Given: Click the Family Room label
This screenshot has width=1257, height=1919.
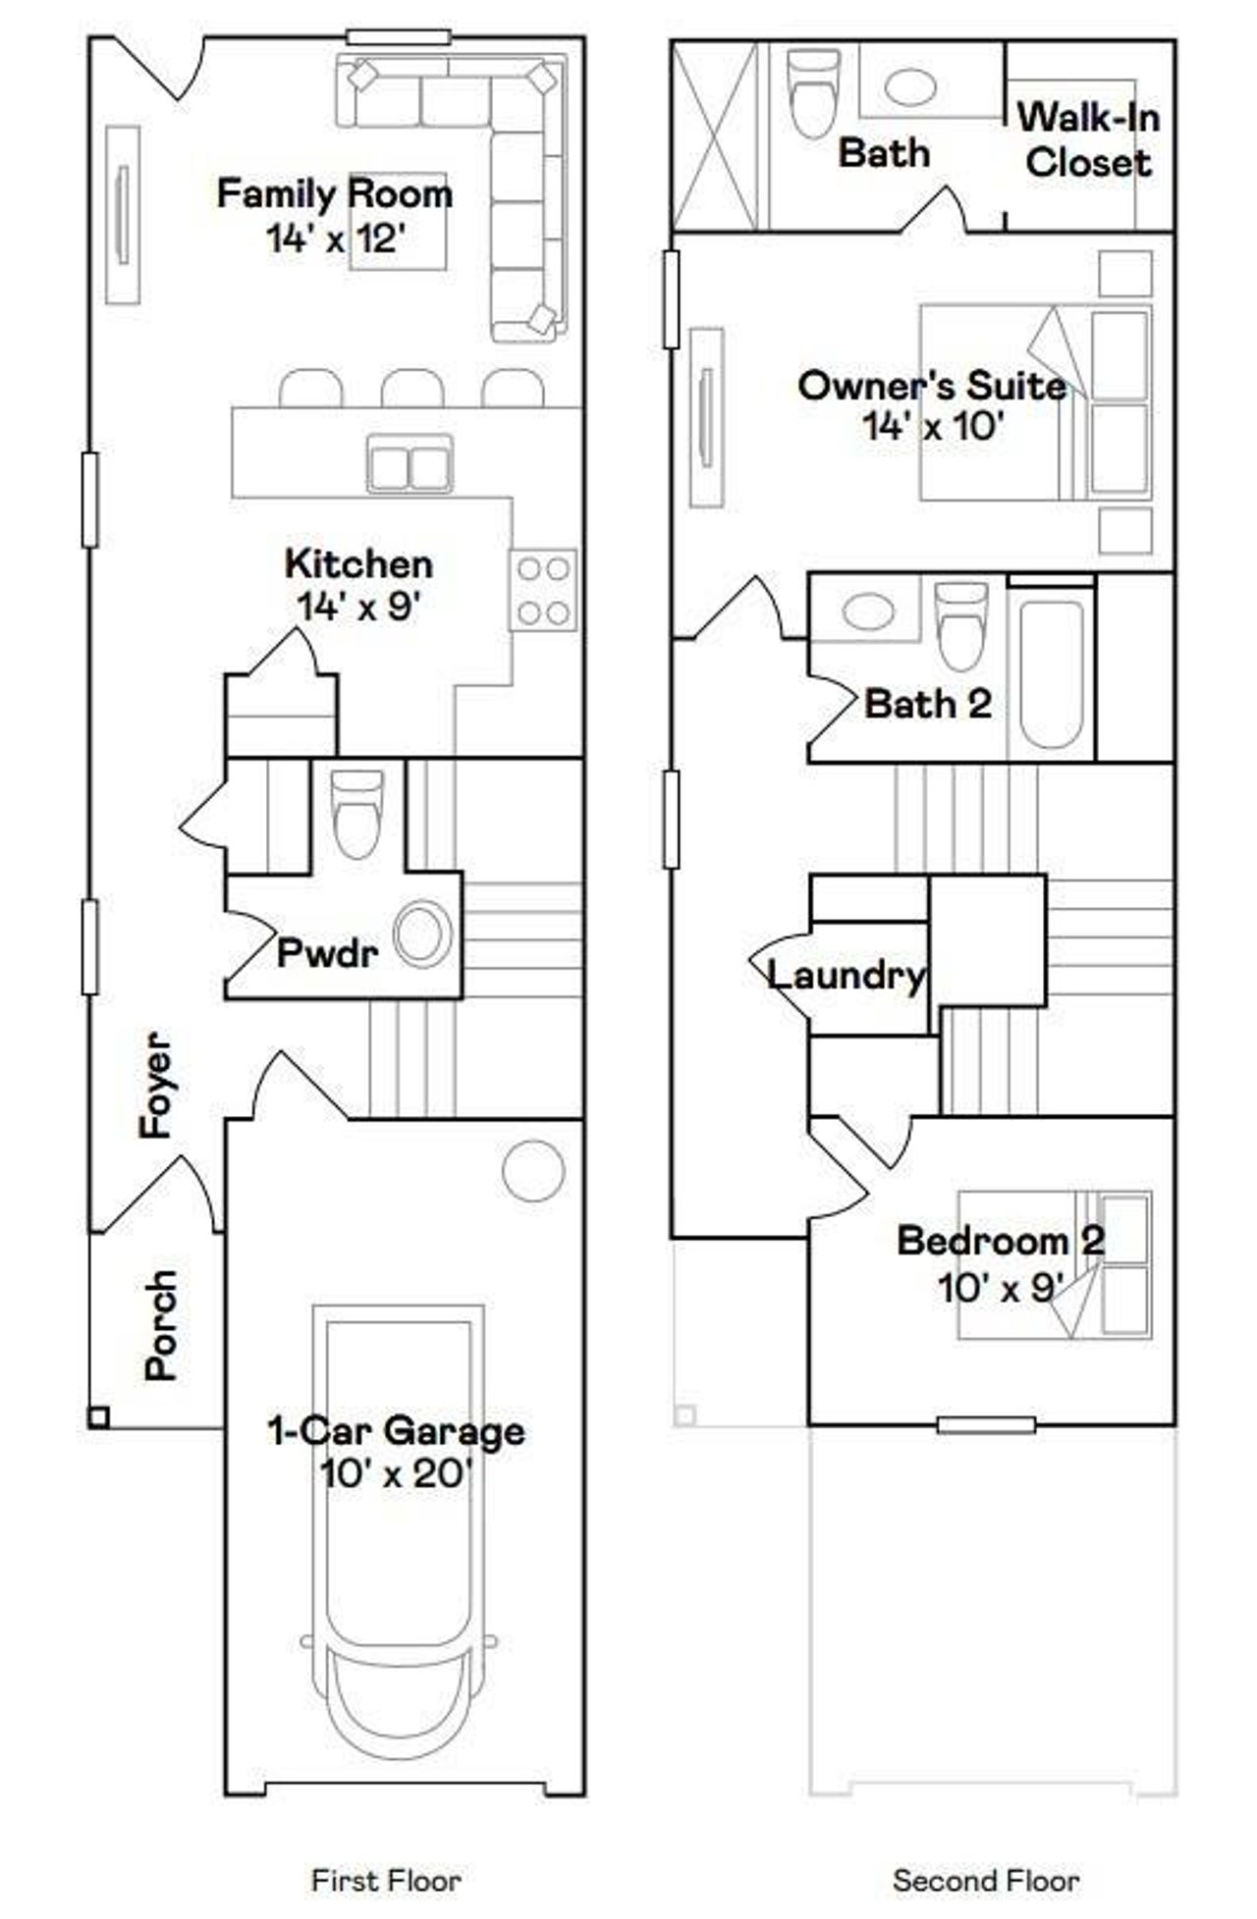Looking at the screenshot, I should pyautogui.click(x=334, y=193).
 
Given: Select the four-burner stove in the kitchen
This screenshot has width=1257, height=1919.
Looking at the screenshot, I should pyautogui.click(x=543, y=591).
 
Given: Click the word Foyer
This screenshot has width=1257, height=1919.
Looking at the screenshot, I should pyautogui.click(x=156, y=1085).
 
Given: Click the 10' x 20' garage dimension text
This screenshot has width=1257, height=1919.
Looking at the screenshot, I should pyautogui.click(x=396, y=1473).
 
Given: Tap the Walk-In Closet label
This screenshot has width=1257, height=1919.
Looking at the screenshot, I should pyautogui.click(x=1088, y=139).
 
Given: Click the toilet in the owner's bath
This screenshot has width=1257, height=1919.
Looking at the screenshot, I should pyautogui.click(x=815, y=93).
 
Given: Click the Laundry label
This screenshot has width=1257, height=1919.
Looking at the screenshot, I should pyautogui.click(x=846, y=975).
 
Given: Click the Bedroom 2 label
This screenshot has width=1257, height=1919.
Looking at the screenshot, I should pyautogui.click(x=1000, y=1240).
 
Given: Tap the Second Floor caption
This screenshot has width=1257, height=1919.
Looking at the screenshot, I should pyautogui.click(x=985, y=1880).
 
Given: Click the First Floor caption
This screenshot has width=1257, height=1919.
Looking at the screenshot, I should pyautogui.click(x=386, y=1880).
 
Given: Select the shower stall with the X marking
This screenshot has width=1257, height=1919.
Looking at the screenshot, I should pyautogui.click(x=715, y=136).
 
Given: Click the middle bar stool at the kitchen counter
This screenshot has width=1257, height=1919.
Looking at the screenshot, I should pyautogui.click(x=412, y=389).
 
